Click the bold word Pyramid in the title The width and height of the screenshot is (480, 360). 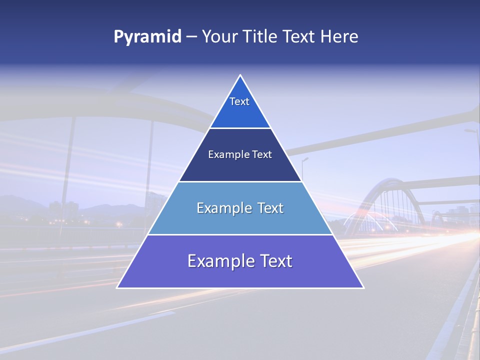point(147,37)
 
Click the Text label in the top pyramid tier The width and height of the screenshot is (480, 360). point(239,101)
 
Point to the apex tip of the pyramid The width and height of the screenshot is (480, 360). point(240,75)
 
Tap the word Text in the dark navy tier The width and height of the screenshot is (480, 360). point(262,154)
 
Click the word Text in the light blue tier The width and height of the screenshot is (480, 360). point(270,208)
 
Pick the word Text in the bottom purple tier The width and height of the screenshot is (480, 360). point(276,261)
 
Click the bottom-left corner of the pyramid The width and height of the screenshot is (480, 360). point(117,287)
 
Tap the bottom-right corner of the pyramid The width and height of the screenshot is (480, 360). point(363,287)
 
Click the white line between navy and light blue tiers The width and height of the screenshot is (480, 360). point(240,181)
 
